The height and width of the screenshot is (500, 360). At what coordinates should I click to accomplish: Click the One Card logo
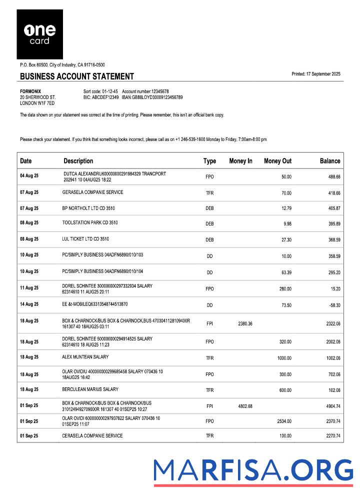click(x=39, y=34)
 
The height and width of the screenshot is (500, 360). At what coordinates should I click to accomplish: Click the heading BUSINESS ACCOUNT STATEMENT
click(x=77, y=76)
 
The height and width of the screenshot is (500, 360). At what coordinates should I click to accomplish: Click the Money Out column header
click(x=277, y=161)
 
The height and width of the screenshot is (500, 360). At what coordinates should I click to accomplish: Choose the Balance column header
click(x=330, y=161)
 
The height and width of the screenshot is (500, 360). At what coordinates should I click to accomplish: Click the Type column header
click(x=209, y=161)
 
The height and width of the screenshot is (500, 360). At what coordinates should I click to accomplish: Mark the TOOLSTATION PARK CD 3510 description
click(x=90, y=222)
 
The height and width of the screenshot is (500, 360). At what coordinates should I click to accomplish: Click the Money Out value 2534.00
click(x=284, y=421)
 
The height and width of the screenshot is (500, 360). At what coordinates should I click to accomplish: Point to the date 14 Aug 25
click(x=29, y=304)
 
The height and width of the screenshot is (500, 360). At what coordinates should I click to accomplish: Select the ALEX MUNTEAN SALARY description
click(x=85, y=357)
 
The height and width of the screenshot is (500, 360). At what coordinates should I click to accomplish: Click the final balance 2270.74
click(x=332, y=436)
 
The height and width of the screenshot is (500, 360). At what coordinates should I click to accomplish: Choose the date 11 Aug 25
click(x=29, y=288)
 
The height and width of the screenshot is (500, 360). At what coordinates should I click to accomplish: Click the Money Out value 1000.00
click(x=284, y=358)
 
